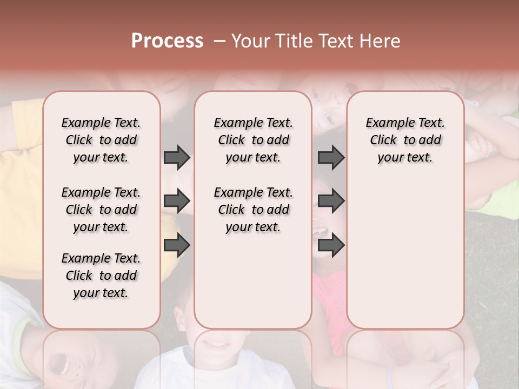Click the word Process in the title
point(167,41)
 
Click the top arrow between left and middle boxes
point(177,158)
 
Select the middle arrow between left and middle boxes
point(177,202)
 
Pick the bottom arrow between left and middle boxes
point(177,245)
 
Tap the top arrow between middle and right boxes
point(331,158)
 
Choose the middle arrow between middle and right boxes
point(331,202)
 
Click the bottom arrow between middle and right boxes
point(331,245)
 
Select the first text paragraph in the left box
point(101,140)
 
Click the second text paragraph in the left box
point(101,210)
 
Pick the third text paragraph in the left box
point(101,276)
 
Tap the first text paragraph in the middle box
point(253,140)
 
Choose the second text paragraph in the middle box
point(253,210)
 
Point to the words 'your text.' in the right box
point(405,158)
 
